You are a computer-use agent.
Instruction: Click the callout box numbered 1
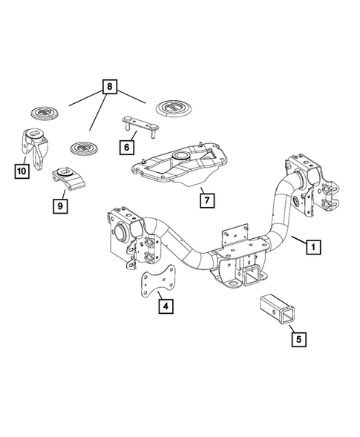pyautogui.click(x=315, y=245)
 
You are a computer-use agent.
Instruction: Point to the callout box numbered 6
pyautogui.click(x=128, y=146)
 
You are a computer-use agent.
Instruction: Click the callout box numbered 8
pyautogui.click(x=111, y=88)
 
